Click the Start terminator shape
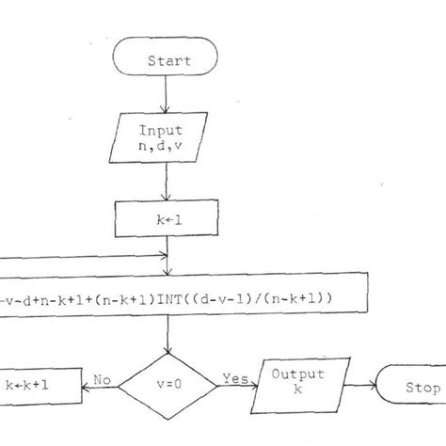167,60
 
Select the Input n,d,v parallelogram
167,138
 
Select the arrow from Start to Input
167,94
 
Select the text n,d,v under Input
167,148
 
